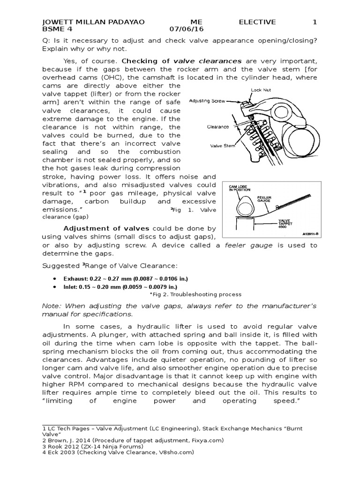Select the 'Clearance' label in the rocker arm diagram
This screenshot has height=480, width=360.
tap(218, 127)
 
